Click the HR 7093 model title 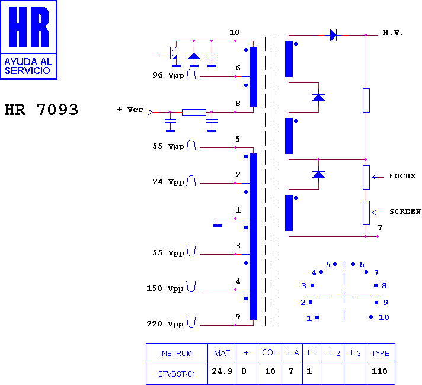41,110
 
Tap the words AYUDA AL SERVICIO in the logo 28,66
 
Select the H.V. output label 393,33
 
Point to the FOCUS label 402,176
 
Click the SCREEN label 405,211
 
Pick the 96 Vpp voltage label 168,75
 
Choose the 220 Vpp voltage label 165,323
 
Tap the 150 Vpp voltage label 165,288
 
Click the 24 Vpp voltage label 168,182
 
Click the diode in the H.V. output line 333,35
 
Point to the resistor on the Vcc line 194,112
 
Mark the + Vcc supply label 130,110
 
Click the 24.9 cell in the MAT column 222,371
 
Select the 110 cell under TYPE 379,371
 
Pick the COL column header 270,352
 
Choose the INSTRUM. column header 177,353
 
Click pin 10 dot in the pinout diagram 371,317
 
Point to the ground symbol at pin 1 218,226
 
